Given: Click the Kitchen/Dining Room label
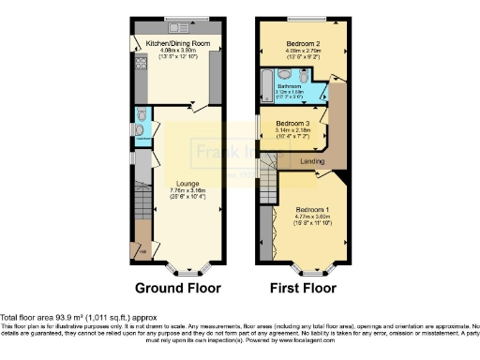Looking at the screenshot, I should [175, 42].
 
